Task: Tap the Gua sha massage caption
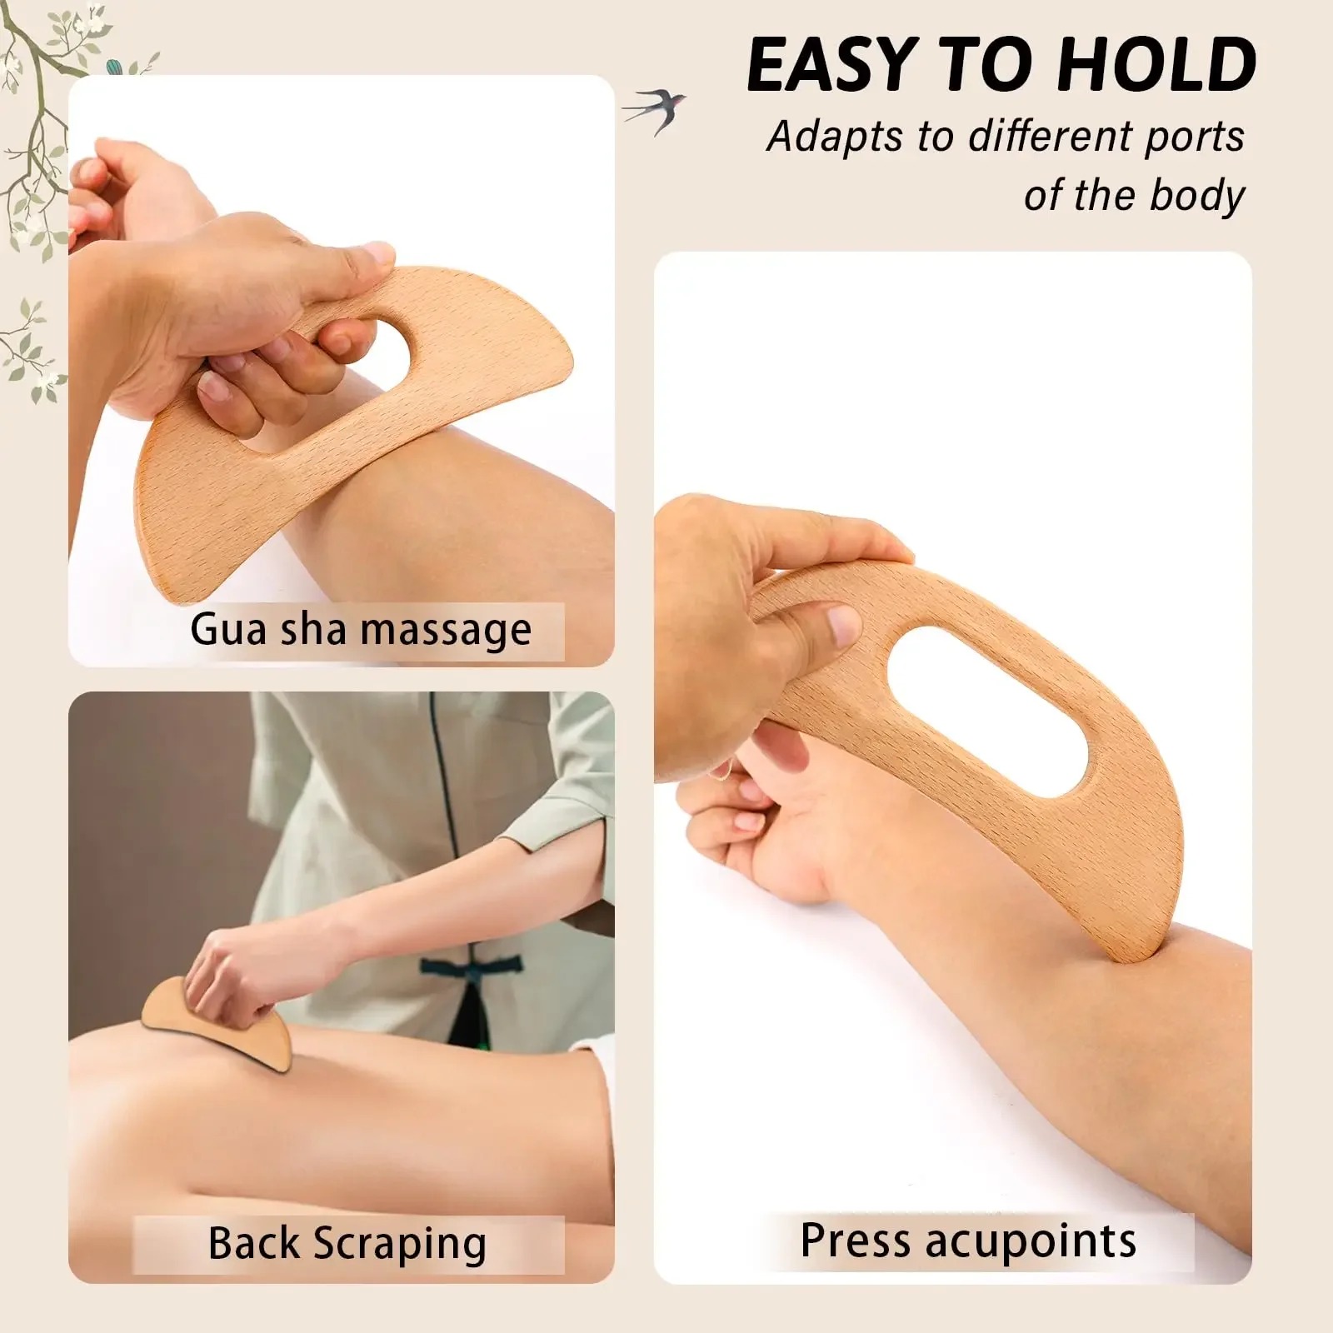pyautogui.click(x=360, y=630)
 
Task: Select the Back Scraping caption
pyautogui.click(x=347, y=1244)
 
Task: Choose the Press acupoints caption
pyautogui.click(x=968, y=1241)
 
